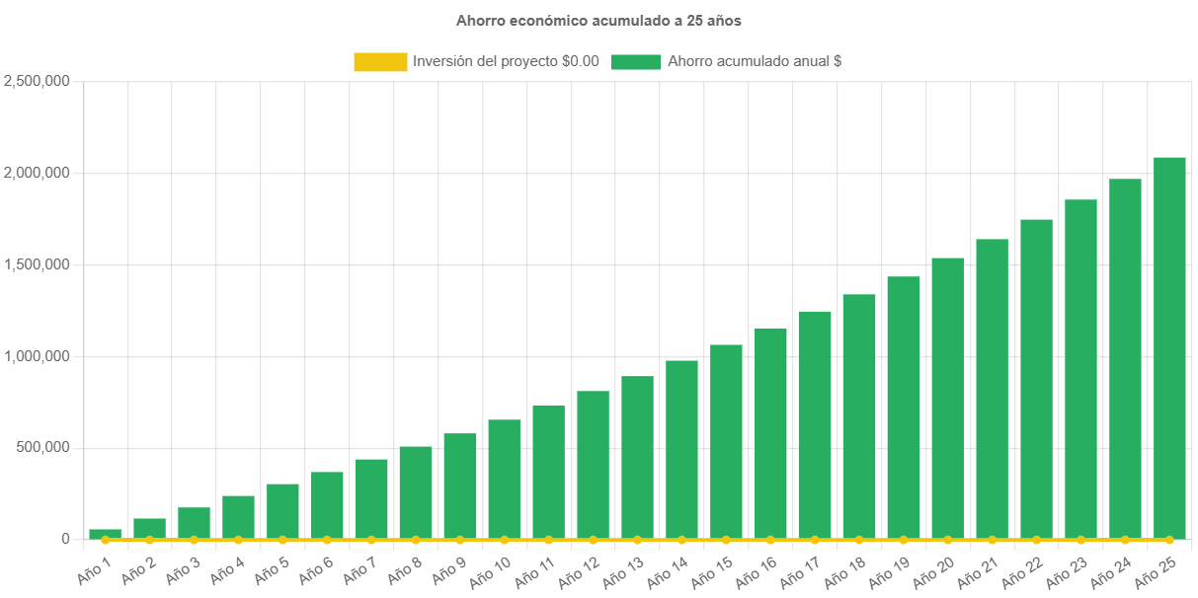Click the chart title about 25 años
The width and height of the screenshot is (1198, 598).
pos(599,20)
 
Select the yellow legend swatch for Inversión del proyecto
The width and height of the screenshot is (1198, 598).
pos(380,61)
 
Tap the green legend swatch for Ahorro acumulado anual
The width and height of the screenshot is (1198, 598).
pos(635,61)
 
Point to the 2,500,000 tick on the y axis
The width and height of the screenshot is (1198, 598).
pos(37,81)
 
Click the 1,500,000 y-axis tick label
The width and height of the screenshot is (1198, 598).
pos(37,264)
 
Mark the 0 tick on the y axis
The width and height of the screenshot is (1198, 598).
pos(65,539)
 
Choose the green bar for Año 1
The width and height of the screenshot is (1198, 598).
pos(105,534)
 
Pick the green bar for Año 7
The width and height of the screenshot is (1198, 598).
pos(371,498)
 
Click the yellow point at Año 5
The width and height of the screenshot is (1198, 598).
pos(282,540)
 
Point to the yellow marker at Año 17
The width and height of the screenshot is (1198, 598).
pos(815,540)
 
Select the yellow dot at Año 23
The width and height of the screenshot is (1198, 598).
pos(1080,540)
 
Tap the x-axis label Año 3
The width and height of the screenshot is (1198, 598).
pos(183,568)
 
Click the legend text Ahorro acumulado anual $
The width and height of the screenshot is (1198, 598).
pos(755,61)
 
